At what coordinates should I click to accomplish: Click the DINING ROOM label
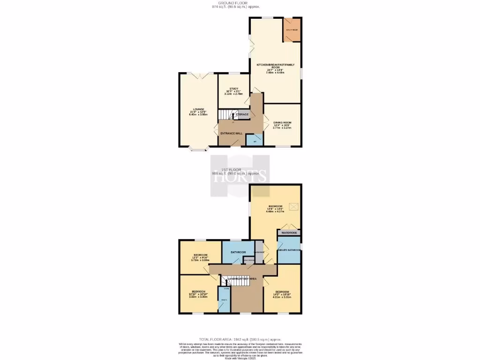[x=282, y=123]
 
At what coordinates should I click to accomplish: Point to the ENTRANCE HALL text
[x=231, y=133]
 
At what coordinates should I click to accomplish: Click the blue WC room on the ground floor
[x=255, y=141]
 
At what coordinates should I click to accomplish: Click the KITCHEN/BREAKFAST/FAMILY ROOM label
[x=275, y=66]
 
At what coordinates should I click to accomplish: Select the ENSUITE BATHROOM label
[x=289, y=250]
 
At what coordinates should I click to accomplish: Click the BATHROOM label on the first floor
[x=238, y=252]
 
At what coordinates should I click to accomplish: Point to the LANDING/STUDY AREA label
[x=242, y=279]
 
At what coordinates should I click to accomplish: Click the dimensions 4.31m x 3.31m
[x=282, y=297]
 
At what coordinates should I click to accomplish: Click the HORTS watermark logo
[x=240, y=176]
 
